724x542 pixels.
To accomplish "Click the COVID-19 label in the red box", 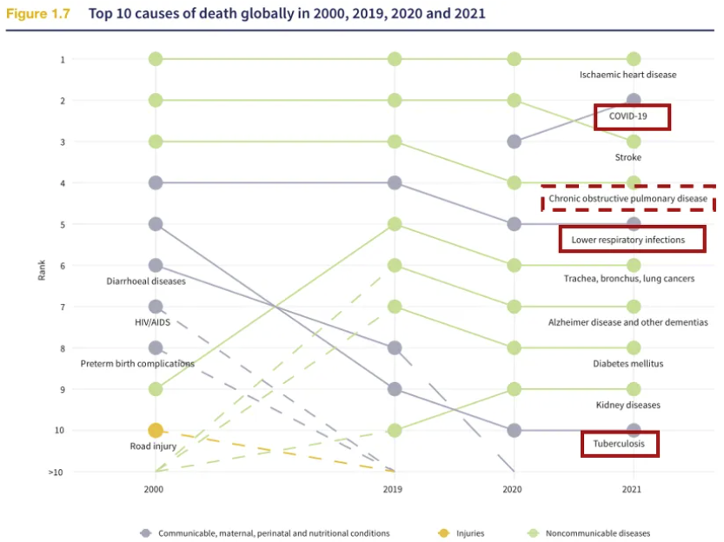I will [632, 116].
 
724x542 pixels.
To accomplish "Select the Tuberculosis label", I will [620, 444].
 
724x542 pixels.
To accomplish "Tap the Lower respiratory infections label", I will [628, 239].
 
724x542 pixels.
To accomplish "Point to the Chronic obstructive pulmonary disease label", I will [628, 199].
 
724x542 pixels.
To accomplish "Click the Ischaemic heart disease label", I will [628, 75].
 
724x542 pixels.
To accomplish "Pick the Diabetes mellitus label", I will [628, 363].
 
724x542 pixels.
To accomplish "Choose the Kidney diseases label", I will [628, 405].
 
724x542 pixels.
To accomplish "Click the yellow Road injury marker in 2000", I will [156, 430].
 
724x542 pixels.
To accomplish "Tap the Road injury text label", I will [154, 446].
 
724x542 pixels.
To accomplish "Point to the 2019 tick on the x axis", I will [395, 489].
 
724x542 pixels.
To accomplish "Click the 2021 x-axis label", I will [632, 489].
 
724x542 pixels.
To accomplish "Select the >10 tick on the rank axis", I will [56, 472].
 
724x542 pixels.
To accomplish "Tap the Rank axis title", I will [41, 270].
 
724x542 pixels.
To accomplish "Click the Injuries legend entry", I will [468, 532].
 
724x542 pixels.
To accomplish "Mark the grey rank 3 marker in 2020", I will [514, 142].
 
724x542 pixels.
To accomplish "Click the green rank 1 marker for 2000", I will [156, 59].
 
